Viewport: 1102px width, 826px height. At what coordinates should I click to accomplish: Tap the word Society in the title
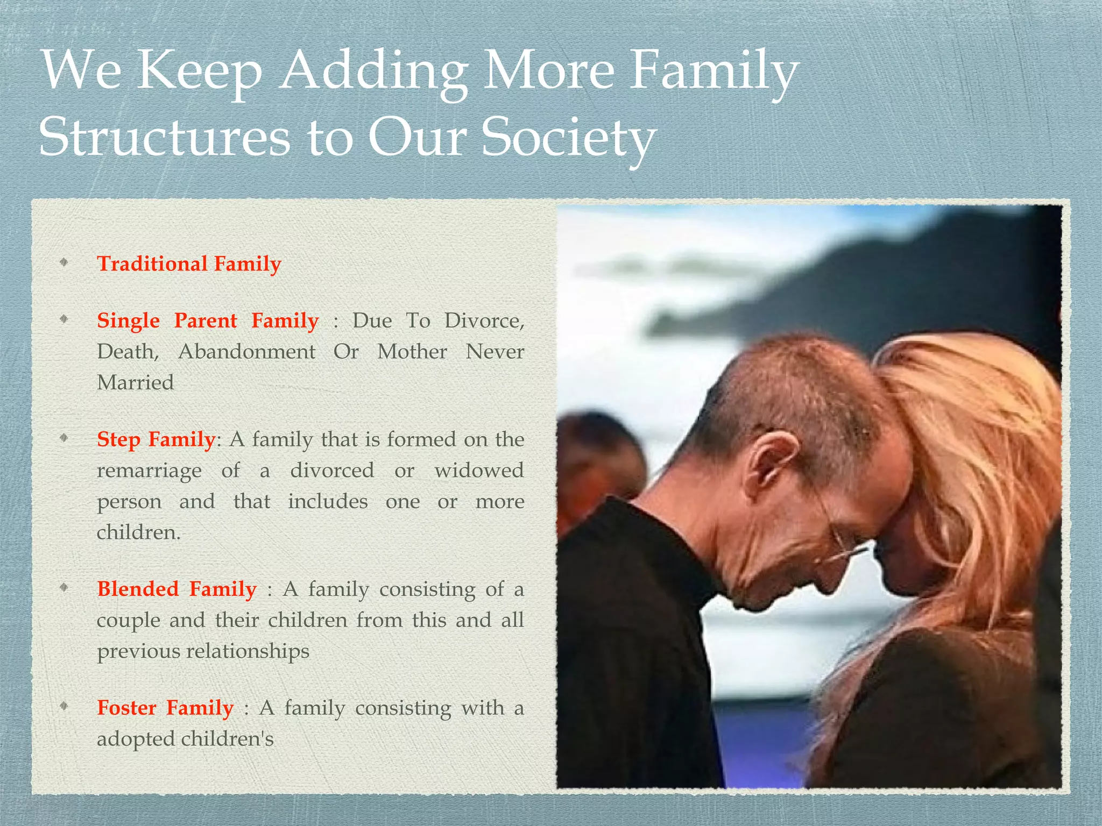568,138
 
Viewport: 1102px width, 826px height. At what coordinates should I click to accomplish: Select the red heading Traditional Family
189,264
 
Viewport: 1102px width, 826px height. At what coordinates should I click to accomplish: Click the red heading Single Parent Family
208,321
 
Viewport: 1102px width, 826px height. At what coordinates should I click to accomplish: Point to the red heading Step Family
156,439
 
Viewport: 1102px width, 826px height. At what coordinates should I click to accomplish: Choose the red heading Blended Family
176,589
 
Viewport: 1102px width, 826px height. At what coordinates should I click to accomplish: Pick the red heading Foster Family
165,708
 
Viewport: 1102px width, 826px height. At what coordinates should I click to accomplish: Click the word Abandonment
246,352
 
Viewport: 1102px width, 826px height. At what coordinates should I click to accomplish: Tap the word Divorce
483,321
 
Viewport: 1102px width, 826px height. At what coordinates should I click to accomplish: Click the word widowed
479,471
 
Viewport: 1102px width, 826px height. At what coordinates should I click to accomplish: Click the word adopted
136,739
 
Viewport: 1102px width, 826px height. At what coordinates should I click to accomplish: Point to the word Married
135,383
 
